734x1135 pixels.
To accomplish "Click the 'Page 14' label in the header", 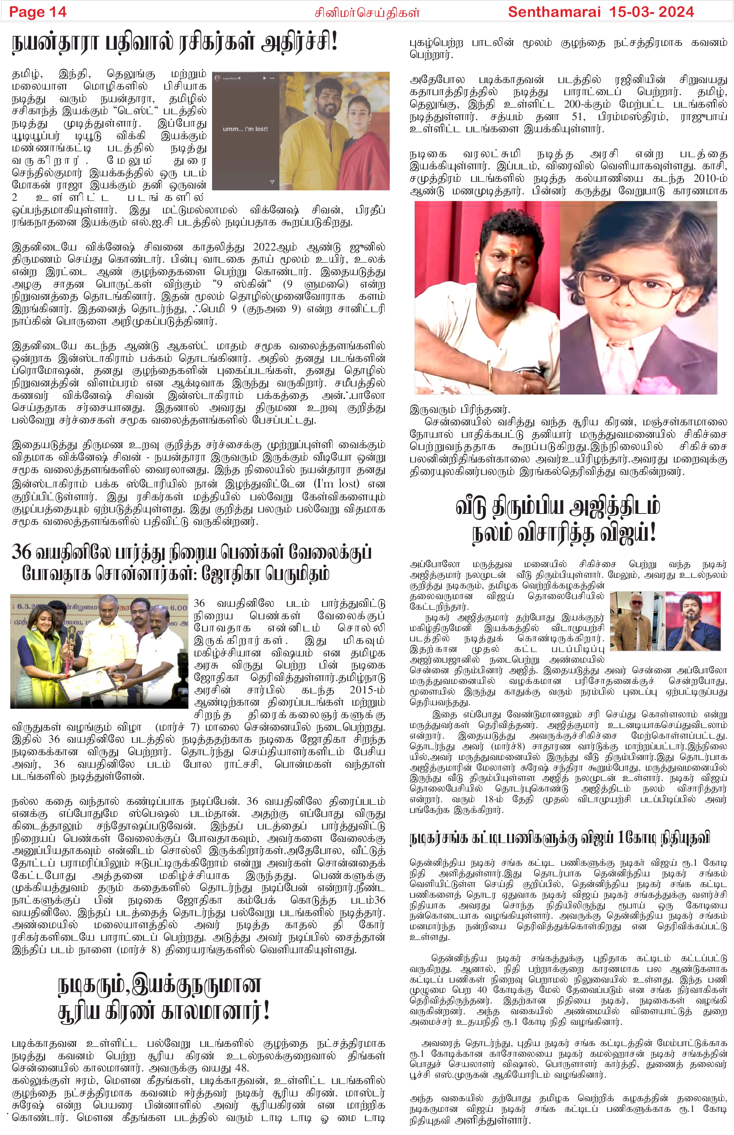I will pos(38,12).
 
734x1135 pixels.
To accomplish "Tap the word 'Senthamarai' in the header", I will pos(554,12).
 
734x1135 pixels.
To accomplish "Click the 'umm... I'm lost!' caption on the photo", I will pos(245,129).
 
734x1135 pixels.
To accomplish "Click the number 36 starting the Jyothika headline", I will pos(21,552).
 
